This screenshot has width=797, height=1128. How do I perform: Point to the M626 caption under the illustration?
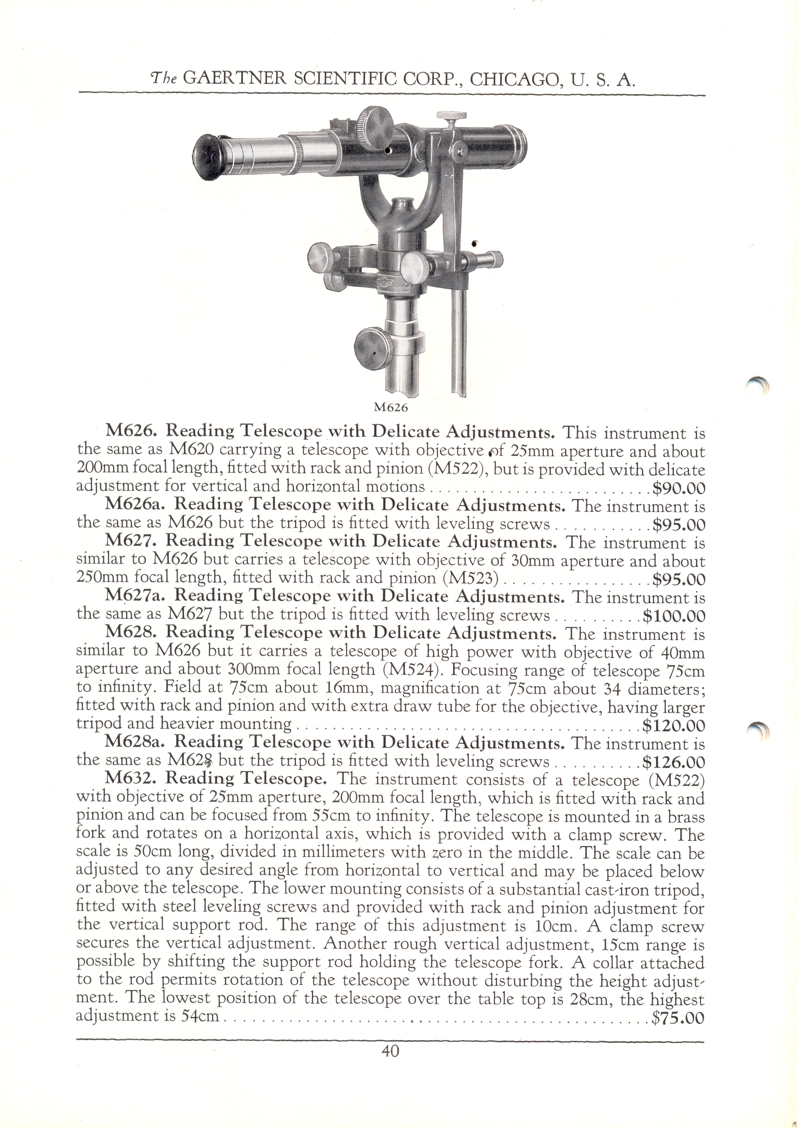pos(391,407)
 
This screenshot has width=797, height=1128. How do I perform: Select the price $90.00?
pos(679,488)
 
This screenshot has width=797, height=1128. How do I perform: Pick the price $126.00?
pos(674,762)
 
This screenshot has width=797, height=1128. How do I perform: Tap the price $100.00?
pos(674,616)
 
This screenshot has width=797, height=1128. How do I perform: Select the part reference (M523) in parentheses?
pos(471,580)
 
